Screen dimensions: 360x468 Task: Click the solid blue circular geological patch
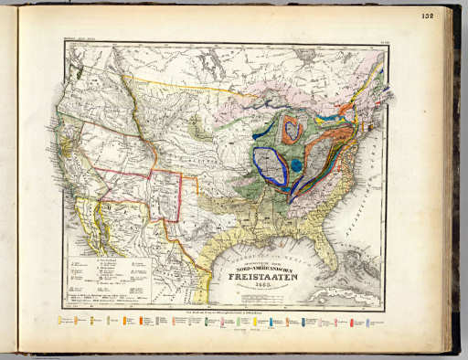pyautogui.click(x=297, y=165)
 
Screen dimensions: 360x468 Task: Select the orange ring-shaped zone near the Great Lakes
pyautogui.click(x=292, y=130)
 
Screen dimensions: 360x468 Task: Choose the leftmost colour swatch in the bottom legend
pyautogui.click(x=60, y=321)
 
